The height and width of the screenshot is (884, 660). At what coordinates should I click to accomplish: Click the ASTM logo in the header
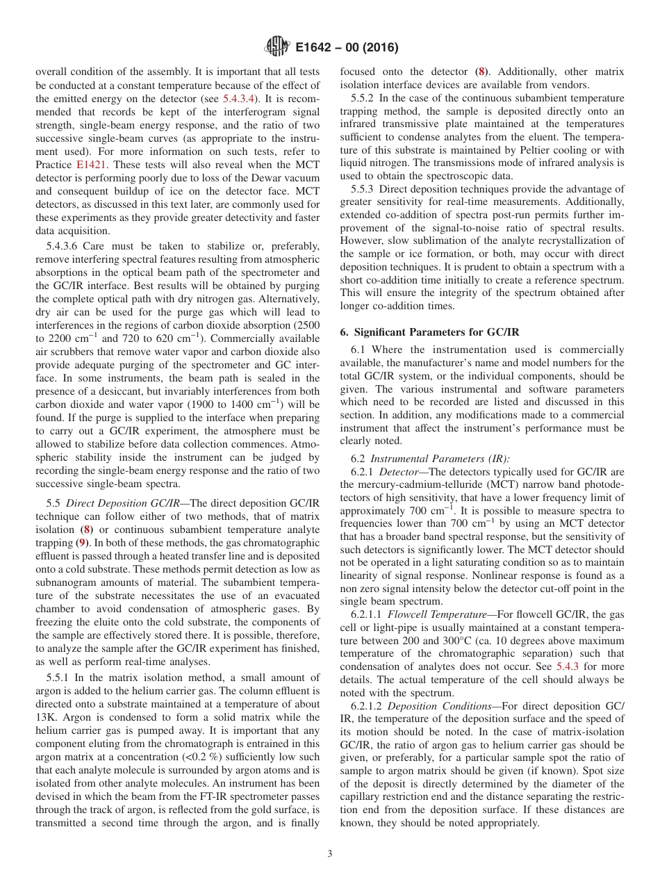[x=278, y=47]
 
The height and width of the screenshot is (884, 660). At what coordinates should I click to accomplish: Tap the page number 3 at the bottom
[x=329, y=853]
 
